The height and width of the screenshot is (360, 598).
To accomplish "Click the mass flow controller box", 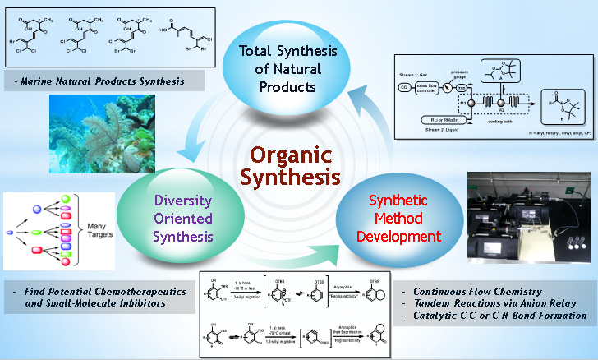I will click(x=434, y=86).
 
